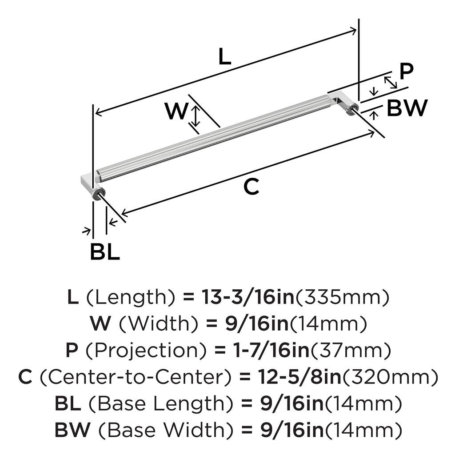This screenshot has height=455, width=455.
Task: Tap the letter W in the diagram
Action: [176, 112]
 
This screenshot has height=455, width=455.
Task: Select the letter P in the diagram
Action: [406, 71]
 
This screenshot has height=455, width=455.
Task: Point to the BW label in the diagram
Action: [407, 108]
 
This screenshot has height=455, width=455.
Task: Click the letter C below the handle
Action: [251, 188]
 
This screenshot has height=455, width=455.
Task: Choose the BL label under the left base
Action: [104, 253]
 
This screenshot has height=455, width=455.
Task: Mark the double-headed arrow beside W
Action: [195, 116]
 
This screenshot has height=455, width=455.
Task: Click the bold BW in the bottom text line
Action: [72, 430]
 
